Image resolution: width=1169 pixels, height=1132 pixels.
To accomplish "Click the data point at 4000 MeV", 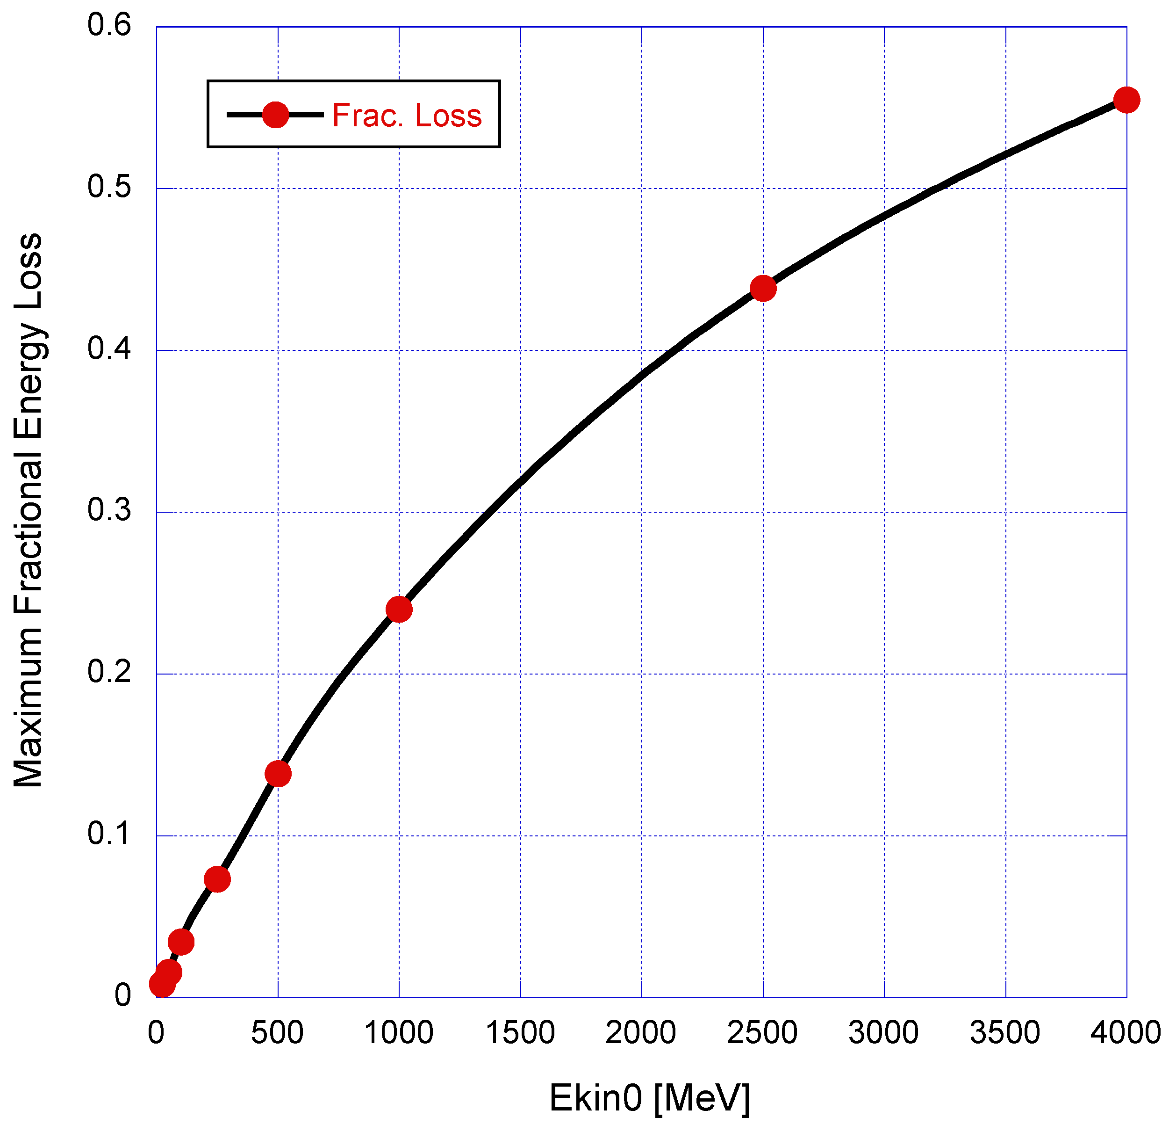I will point(1126,100).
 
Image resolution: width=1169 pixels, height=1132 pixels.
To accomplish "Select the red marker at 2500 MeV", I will point(763,289).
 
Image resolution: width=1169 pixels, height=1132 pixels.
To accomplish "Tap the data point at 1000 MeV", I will point(399,609).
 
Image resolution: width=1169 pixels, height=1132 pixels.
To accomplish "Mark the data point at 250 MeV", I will point(217,879).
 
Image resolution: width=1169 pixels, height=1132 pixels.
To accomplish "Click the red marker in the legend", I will point(276,114).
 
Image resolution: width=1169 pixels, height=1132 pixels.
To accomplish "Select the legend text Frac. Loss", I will point(406,115).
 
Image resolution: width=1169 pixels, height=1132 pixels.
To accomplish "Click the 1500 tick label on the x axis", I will point(520,1032).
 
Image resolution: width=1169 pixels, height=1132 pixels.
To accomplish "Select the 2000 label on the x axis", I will point(641,1032).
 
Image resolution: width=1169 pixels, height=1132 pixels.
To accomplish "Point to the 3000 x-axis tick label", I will point(883,1032).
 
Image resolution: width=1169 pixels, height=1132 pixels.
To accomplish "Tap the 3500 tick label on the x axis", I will point(1005,1032).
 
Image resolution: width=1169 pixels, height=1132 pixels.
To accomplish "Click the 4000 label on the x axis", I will point(1126,1032).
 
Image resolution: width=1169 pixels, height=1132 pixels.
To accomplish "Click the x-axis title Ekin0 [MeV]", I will point(649,1097).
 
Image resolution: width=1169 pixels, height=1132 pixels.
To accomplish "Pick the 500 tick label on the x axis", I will point(277,1032).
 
